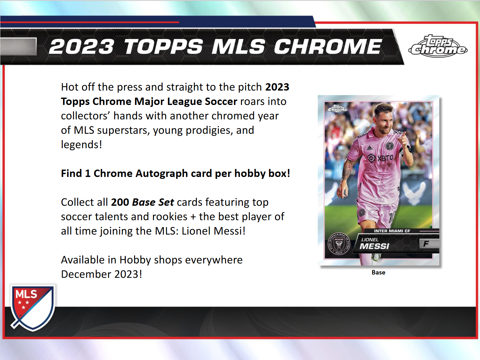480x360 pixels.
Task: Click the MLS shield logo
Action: [x=32, y=307]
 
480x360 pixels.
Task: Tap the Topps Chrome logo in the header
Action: [x=438, y=47]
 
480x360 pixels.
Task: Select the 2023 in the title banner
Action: [x=82, y=47]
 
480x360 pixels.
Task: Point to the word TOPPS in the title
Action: [x=163, y=47]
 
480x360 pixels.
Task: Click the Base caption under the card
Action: [x=378, y=273]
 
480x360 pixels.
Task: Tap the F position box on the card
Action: [x=426, y=244]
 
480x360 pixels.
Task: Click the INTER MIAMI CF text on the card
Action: [x=392, y=231]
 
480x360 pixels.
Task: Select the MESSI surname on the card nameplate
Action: [x=374, y=246]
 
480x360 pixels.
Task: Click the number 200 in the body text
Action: [x=120, y=202]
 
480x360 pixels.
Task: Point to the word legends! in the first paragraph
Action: [x=81, y=145]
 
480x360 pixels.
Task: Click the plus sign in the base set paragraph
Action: [x=193, y=217]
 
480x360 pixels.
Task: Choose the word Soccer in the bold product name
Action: [x=221, y=101]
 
